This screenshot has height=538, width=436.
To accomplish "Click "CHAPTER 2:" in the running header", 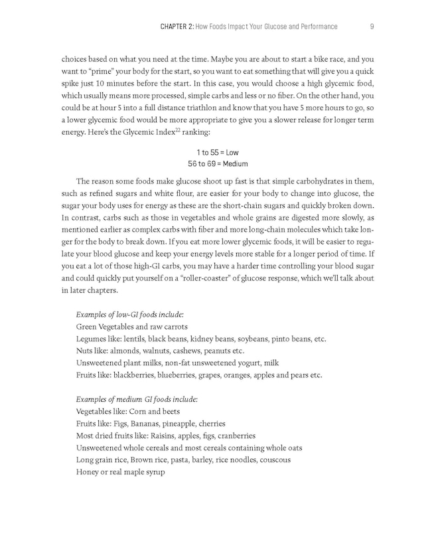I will (177, 27).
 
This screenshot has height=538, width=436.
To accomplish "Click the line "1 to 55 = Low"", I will (218, 152).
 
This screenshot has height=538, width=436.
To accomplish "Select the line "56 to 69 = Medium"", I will (218, 164).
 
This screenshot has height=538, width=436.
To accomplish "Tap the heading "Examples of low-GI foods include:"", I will (130, 314).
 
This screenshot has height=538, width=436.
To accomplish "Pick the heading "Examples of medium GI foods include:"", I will (137, 399).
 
